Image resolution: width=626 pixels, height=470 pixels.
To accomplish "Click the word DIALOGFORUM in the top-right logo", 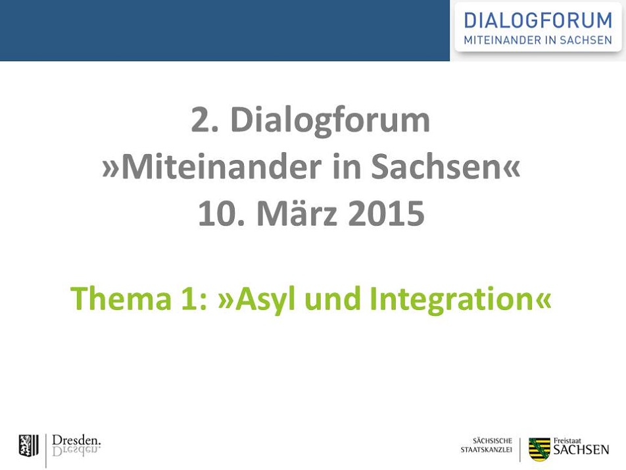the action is pos(538,20).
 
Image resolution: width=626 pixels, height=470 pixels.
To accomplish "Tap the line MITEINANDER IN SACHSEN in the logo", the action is pos(538,40).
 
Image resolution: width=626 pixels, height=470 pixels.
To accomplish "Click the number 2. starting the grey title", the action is pos(205,120).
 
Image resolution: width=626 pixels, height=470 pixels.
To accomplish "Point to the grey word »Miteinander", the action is pos(212,167).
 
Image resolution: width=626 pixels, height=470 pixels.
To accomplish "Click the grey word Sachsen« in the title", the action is pos(446,167).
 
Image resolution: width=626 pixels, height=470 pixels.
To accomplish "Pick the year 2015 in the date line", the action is pos(386,213).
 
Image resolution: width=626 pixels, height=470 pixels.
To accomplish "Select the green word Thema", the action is pos(120,299).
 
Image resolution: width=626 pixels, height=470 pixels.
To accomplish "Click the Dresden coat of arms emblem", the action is pos(29,446).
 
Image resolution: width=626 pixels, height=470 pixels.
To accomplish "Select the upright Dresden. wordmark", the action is pos(76,440).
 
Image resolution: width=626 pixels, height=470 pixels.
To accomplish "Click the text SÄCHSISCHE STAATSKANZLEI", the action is pos(487,445).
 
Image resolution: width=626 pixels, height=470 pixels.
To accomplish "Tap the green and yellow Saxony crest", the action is pos(539,449).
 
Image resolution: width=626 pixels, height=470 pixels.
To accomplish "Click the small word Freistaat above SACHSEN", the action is pos(567,441).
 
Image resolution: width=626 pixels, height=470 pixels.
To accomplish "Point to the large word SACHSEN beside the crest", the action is pos(581,450).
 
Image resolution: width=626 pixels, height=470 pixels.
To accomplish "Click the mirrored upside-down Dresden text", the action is pos(76,451).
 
